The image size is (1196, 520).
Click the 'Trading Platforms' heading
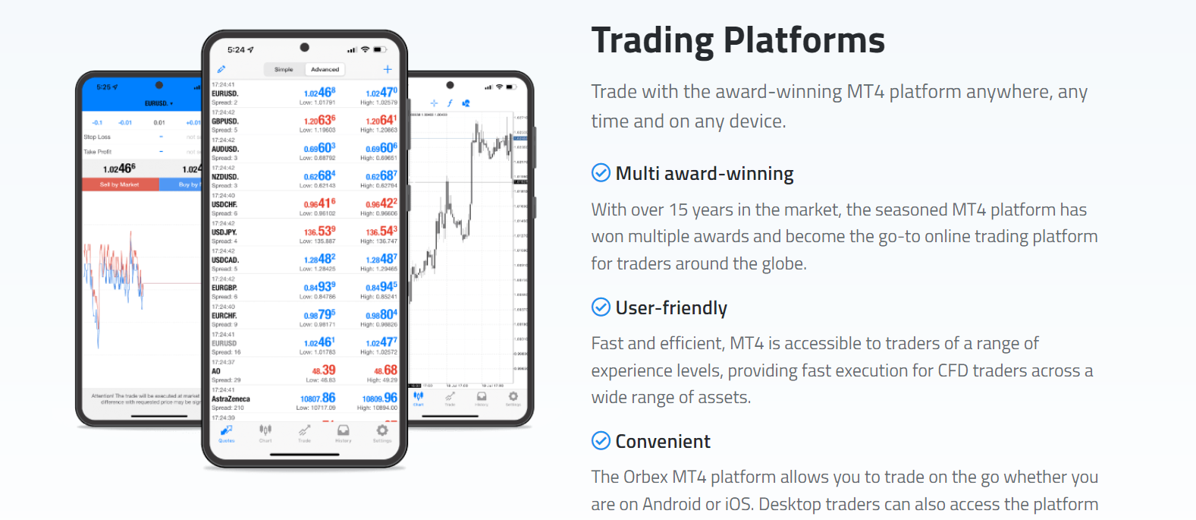point(737,40)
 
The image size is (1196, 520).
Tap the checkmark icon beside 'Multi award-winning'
point(601,173)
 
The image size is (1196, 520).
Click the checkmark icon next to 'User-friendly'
point(601,307)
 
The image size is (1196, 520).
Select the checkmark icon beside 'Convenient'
point(601,440)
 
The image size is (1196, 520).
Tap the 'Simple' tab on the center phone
point(284,69)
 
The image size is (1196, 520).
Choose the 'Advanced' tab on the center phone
point(325,69)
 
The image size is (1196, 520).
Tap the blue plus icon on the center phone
point(388,69)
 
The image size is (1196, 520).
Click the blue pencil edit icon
point(221,69)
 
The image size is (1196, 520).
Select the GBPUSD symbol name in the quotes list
point(225,121)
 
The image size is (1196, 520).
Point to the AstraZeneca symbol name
point(231,399)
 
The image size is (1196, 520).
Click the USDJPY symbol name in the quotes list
point(224,232)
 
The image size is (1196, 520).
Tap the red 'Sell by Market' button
point(120,184)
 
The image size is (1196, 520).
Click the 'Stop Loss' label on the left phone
point(97,137)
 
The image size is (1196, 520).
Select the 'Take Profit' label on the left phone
point(97,152)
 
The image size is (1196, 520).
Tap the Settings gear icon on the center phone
point(382,431)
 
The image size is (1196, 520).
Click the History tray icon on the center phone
point(344,431)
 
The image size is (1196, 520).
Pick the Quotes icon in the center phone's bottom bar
point(227,431)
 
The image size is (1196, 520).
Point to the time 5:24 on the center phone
point(237,50)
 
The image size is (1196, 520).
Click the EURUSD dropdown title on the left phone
point(159,103)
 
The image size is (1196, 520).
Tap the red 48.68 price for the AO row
point(385,370)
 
